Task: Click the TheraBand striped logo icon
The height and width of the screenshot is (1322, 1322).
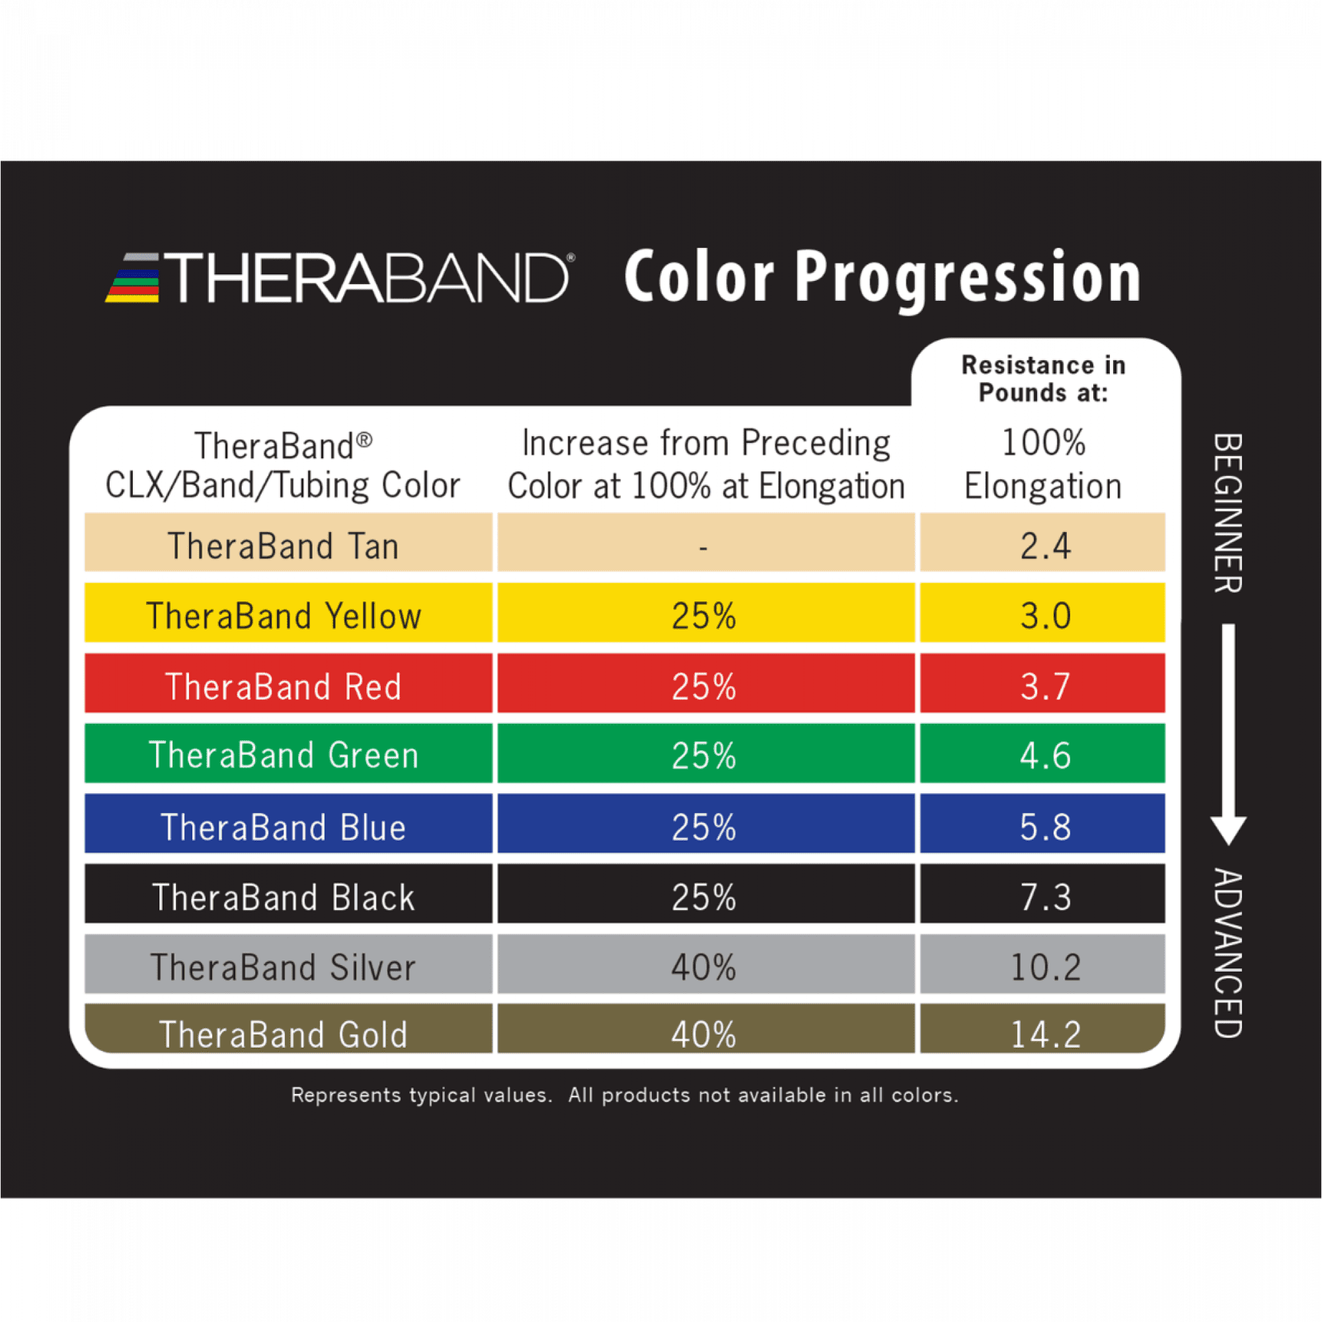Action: pos(133,278)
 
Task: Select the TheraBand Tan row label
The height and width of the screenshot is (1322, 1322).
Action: pos(284,546)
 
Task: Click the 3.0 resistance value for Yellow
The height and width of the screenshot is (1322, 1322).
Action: pos(1045,616)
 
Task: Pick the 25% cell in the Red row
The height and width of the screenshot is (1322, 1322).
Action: pos(704,686)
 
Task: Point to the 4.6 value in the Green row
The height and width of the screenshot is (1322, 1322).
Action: pos(1045,756)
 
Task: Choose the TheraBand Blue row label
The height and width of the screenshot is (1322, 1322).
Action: pos(284,827)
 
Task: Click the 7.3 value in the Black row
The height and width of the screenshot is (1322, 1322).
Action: pos(1045,897)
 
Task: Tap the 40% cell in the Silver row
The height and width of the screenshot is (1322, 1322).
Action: pos(704,968)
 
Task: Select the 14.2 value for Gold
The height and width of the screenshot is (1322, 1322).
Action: pos(1046,1034)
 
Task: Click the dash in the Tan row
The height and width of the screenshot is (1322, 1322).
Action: pos(703,547)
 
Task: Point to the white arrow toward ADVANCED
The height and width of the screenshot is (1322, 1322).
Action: pos(1228,734)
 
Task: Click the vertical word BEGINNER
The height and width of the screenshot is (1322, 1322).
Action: pos(1228,513)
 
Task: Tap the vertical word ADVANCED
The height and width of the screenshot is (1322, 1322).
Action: pos(1228,953)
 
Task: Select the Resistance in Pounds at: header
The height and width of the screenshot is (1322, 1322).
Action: pos(1044,379)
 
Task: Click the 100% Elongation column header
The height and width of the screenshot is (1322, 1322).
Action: pos(1044,465)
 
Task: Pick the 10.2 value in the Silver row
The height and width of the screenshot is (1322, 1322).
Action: pos(1046,968)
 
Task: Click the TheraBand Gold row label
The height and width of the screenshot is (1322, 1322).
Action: pos(284,1034)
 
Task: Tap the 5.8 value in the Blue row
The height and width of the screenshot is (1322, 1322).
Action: pos(1045,827)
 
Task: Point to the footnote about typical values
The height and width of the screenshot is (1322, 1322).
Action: pos(625,1095)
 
